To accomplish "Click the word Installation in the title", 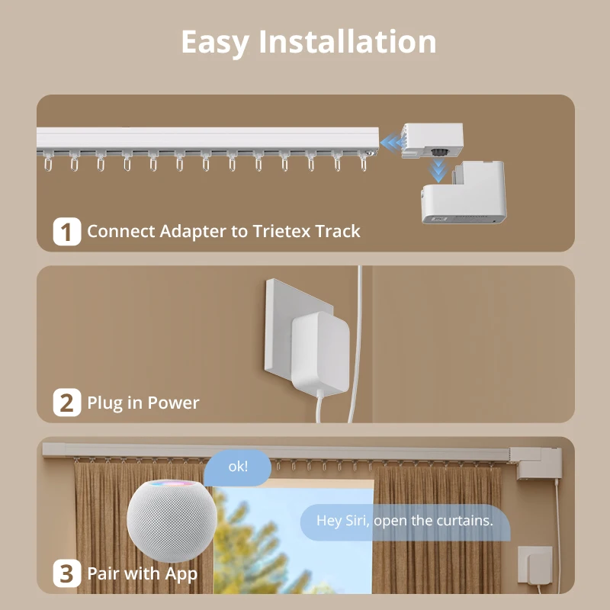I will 348,42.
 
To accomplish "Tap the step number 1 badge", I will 67,232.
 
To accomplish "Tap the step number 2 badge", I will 67,403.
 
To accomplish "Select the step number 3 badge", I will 67,573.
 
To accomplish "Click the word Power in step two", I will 173,403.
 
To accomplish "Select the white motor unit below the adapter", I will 463,194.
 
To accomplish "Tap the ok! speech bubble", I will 238,467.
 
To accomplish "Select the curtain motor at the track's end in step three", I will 539,463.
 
